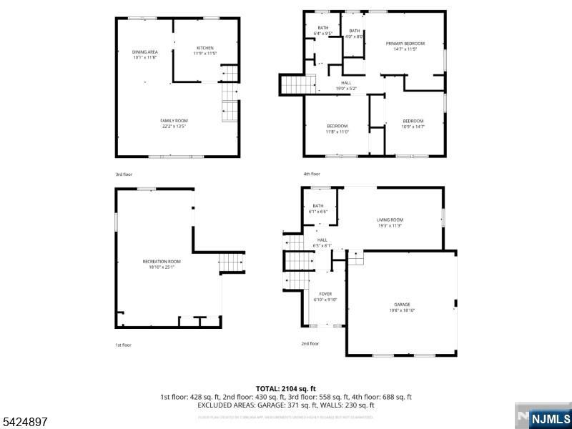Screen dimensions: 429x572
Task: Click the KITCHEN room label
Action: pos(205,48)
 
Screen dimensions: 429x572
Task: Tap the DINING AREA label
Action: pos(145,52)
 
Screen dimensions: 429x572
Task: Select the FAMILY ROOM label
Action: pos(174,120)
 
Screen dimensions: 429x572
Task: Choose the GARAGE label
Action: pos(402,305)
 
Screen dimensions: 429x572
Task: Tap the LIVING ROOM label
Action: pos(390,220)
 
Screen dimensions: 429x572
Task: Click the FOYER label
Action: pos(325,294)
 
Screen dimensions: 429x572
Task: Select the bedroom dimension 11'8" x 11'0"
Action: pos(337,132)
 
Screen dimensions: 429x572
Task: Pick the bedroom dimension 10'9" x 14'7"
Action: pos(413,127)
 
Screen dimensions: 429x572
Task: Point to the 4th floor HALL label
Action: pos(346,83)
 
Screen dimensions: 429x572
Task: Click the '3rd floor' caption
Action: pos(124,174)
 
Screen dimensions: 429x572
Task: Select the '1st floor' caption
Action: pos(124,345)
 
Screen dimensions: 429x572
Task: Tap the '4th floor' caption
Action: pos(311,174)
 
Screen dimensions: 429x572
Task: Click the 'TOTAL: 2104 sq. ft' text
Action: pos(286,388)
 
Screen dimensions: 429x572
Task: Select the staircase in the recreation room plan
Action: pos(231,263)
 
